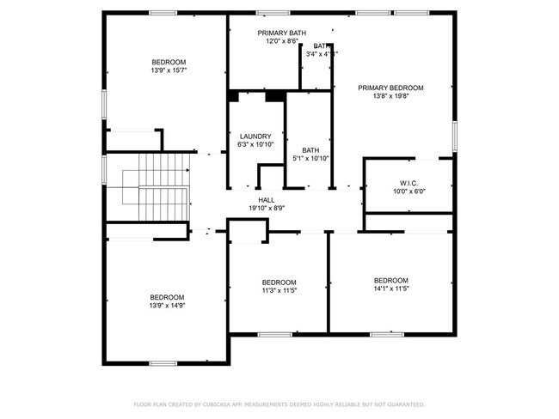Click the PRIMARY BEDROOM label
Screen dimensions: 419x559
click(x=391, y=88)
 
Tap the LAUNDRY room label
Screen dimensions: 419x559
click(x=255, y=137)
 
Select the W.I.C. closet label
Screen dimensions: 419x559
click(x=408, y=183)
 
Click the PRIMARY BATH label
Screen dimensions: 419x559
click(x=281, y=33)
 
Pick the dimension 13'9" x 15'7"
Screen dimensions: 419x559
click(x=169, y=70)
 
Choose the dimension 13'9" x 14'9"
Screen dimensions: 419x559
click(x=168, y=305)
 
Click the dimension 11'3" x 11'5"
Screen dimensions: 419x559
click(x=279, y=291)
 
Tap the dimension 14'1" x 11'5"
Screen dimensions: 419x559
click(x=390, y=289)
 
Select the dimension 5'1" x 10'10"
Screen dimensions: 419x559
click(x=310, y=158)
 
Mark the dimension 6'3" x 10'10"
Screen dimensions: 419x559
click(x=255, y=144)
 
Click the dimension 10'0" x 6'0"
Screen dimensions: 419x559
click(x=408, y=191)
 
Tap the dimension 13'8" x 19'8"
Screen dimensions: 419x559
click(x=391, y=96)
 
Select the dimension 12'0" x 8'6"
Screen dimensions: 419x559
click(x=281, y=41)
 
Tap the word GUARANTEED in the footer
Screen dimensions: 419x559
click(x=405, y=404)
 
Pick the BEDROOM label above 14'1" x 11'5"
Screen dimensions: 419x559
click(x=390, y=281)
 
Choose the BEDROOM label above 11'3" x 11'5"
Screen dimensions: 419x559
click(x=279, y=282)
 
